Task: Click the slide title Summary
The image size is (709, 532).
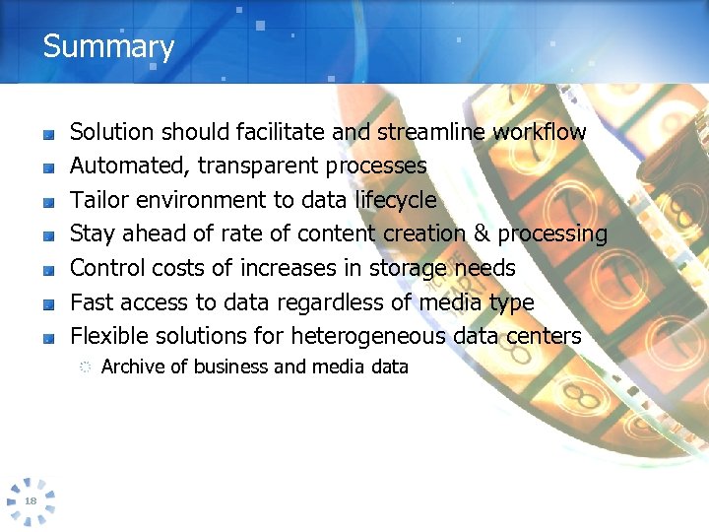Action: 108,46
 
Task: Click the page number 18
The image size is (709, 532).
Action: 31,501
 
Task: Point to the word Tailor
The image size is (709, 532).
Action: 99,200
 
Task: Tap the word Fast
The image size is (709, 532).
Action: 94,302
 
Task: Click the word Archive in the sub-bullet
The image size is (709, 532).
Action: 133,366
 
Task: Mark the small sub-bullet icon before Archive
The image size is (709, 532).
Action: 85,367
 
